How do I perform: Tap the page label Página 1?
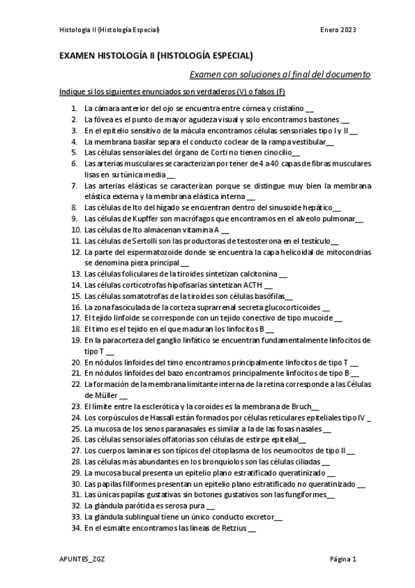(x=342, y=559)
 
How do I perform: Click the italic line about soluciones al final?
(x=280, y=74)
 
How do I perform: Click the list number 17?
(x=76, y=318)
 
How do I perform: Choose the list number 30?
(x=76, y=483)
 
